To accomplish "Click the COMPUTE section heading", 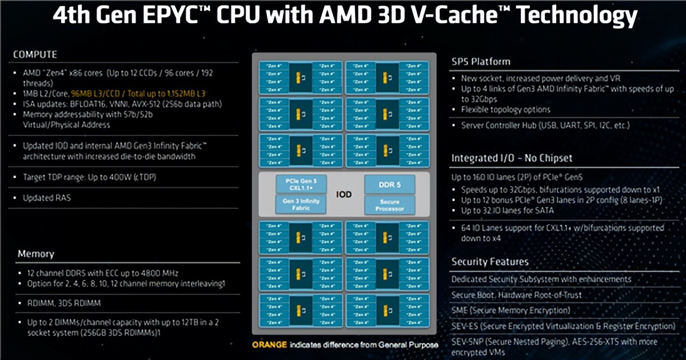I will pyautogui.click(x=35, y=54).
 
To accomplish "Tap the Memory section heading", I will pyautogui.click(x=35, y=254).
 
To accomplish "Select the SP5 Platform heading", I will pyautogui.click(x=481, y=61).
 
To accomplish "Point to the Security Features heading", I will pyautogui.click(x=490, y=262).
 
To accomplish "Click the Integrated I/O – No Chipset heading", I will pyautogui.click(x=512, y=158).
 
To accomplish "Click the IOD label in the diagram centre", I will pyautogui.click(x=344, y=194).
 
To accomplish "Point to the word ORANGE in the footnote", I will pyautogui.click(x=269, y=345).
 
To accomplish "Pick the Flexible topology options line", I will pyautogui.click(x=505, y=109).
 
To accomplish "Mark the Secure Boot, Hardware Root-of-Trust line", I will pyautogui.click(x=516, y=295).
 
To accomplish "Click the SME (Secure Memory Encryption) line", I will pyautogui.click(x=510, y=310).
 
